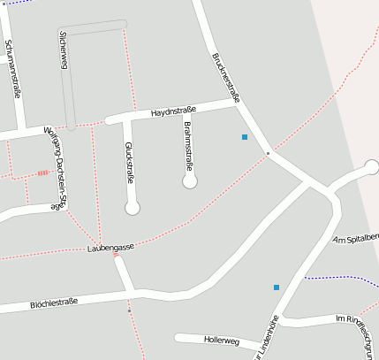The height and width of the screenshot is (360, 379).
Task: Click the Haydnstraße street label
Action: tap(173, 112)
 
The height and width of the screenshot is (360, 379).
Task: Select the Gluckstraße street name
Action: tap(129, 162)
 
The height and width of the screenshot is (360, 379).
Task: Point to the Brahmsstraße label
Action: tap(187, 149)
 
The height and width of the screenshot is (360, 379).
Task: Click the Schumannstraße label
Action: tap(13, 67)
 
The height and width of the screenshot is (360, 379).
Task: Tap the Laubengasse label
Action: tap(110, 248)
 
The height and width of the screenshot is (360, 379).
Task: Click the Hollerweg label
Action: tap(221, 340)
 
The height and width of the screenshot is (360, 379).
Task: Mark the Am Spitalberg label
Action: tap(355, 239)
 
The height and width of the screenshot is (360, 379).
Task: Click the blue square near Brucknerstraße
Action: tap(245, 137)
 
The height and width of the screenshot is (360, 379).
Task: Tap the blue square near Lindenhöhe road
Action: tap(277, 287)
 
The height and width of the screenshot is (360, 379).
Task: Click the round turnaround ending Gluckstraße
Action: tap(133, 208)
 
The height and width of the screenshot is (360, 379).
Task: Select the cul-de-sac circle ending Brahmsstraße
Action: tap(189, 182)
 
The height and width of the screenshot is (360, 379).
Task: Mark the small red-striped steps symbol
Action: tap(43, 173)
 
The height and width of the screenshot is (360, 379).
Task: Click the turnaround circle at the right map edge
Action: tap(372, 166)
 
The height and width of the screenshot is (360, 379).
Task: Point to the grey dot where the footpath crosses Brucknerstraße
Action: tap(268, 153)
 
